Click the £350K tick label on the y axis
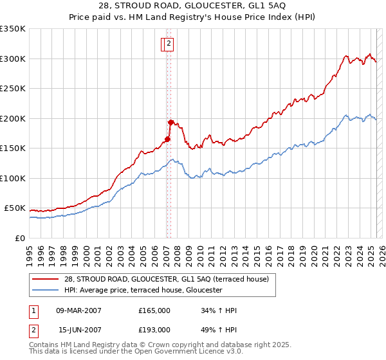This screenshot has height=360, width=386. [13, 29]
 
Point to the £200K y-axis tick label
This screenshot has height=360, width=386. [13, 118]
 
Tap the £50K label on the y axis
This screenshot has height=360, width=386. [15, 208]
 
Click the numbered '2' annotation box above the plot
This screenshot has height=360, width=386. [169, 44]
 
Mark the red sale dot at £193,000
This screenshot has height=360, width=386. [170, 122]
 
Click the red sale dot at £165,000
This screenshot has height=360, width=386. [167, 139]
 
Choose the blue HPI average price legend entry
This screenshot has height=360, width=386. [143, 291]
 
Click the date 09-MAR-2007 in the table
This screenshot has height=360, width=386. [79, 310]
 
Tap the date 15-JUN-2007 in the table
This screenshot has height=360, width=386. [79, 330]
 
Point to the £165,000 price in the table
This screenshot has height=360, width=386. [154, 310]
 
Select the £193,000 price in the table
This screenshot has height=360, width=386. [154, 330]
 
